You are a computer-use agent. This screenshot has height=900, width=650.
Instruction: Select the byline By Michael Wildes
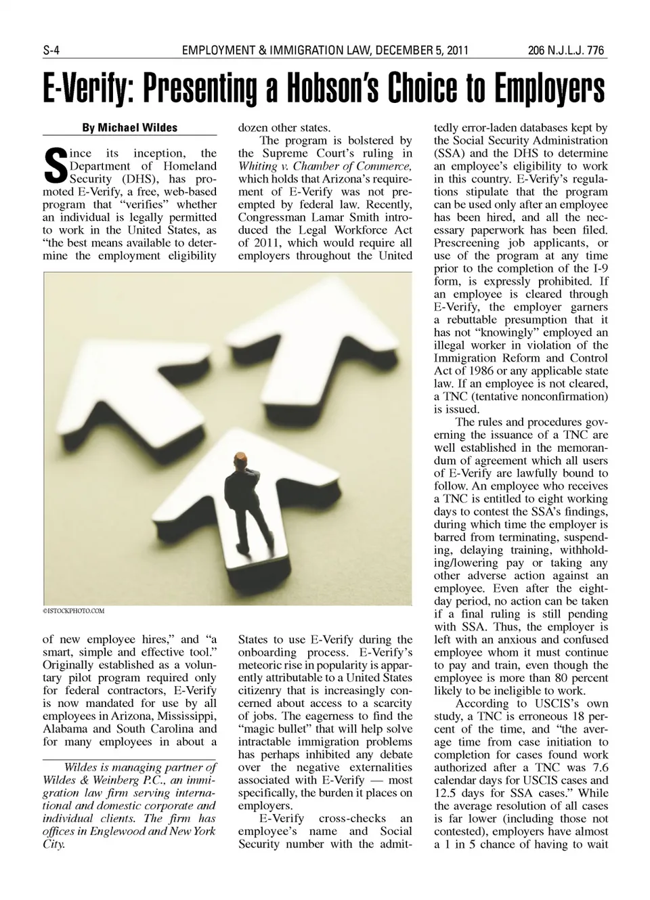129,127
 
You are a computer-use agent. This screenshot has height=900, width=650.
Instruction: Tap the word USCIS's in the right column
555,704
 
